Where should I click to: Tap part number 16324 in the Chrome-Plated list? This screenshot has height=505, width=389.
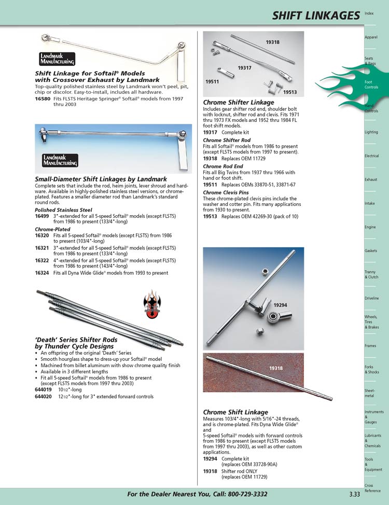[x=42, y=273]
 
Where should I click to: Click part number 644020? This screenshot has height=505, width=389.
[x=44, y=397]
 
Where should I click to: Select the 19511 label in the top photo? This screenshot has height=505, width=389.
[x=212, y=81]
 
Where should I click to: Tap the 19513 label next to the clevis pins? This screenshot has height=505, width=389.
[x=290, y=92]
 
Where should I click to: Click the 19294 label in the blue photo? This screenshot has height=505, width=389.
[x=281, y=305]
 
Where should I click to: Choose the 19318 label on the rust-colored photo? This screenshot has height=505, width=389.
[x=276, y=368]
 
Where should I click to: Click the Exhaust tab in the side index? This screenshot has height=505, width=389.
[x=370, y=179]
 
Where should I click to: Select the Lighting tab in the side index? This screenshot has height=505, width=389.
[x=371, y=132]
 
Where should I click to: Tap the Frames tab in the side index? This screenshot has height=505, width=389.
[x=370, y=345]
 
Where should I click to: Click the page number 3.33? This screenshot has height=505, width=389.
[x=354, y=494]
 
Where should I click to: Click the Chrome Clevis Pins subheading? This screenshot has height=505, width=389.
[x=226, y=192]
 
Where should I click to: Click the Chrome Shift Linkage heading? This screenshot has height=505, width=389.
[x=235, y=412]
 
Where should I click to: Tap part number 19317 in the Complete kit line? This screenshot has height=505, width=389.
[x=211, y=132]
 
